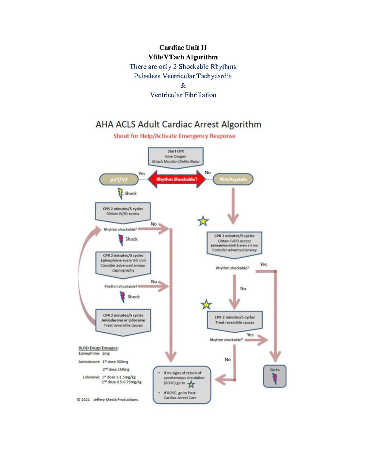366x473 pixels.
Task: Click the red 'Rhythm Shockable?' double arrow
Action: point(177,179)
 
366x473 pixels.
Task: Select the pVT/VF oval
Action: point(119,180)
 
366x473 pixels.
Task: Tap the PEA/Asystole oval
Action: point(233,179)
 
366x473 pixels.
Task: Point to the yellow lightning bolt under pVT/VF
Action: point(120,193)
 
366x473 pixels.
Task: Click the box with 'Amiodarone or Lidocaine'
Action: point(123,321)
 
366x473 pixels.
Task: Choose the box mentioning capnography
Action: point(123,263)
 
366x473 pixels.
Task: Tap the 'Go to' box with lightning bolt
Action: point(274,376)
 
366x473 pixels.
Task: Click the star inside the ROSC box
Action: point(191,384)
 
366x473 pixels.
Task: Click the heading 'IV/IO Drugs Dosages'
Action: point(98,348)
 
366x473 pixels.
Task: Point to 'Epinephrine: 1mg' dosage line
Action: point(94,353)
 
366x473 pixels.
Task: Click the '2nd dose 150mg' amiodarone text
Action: point(116,369)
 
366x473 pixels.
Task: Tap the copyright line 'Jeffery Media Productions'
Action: point(107,400)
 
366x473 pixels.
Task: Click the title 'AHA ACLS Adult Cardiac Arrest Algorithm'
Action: point(178,124)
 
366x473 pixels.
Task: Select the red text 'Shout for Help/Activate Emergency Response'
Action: point(174,136)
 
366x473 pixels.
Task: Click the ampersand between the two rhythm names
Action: point(183,86)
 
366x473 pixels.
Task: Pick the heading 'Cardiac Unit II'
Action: point(183,48)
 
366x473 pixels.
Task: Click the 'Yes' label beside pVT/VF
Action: point(142,173)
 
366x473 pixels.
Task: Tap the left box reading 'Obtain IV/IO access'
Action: point(123,211)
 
